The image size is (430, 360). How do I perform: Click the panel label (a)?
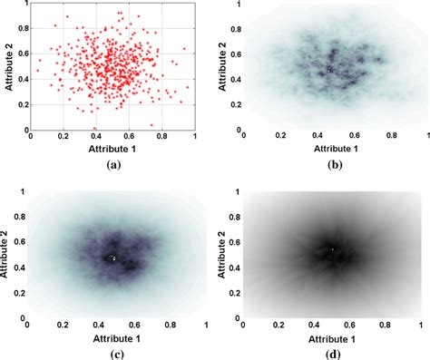(112, 165)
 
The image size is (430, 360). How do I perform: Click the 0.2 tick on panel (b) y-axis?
(236, 105)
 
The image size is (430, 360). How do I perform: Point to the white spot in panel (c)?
(113, 258)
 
